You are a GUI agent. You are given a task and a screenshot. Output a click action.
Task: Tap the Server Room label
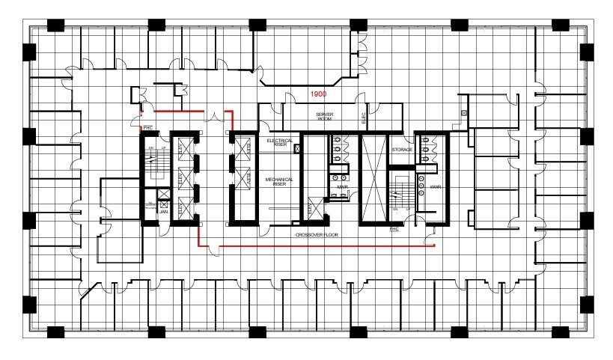323,117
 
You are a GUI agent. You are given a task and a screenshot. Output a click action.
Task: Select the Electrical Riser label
279,143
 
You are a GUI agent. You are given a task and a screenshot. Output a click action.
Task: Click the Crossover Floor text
317,234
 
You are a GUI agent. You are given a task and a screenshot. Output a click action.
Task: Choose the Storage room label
402,150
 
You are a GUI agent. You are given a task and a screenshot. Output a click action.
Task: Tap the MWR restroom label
342,186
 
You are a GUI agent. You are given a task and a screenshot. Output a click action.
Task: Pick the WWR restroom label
435,186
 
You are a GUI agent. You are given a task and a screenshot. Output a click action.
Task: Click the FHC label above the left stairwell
148,127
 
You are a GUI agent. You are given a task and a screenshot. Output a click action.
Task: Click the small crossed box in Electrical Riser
299,150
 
